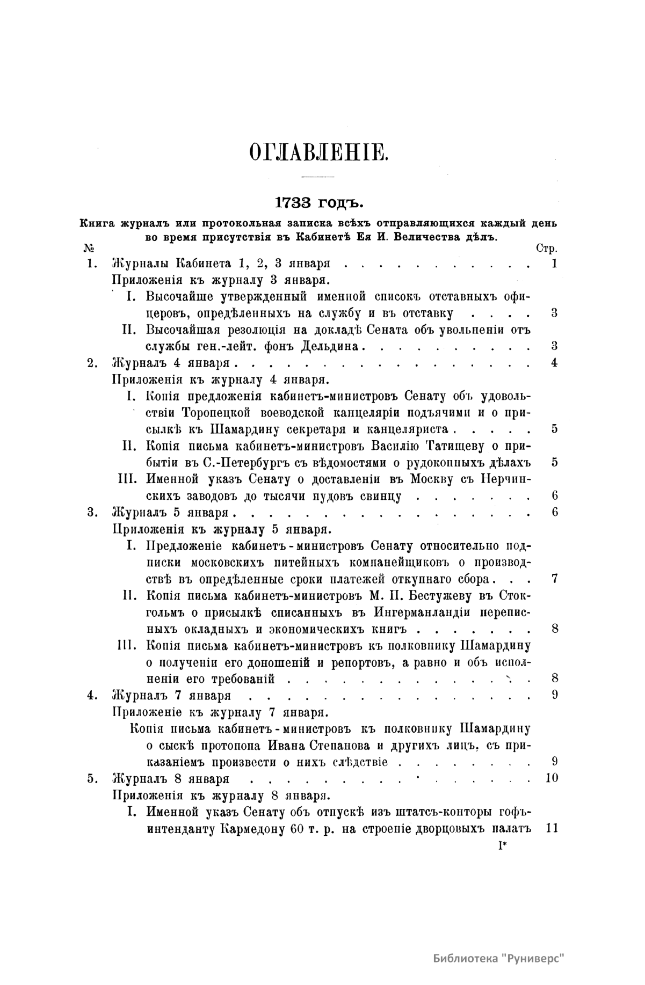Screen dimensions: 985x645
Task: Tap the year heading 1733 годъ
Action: (319, 203)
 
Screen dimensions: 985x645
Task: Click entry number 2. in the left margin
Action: (92, 363)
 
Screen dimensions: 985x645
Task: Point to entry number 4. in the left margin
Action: (92, 695)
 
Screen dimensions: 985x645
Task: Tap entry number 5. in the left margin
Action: (92, 778)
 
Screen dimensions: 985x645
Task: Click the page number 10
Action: (552, 778)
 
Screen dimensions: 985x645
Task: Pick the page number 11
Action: (552, 828)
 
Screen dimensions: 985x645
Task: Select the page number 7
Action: (555, 579)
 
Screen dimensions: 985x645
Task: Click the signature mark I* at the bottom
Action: (503, 847)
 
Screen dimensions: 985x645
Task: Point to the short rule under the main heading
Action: (318, 177)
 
